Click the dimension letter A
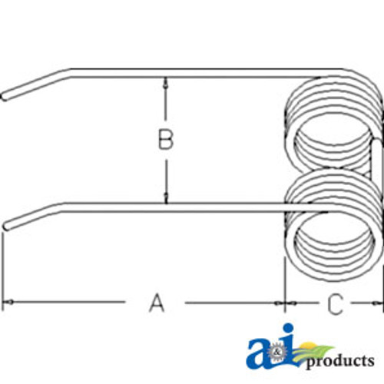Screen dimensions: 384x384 [156, 303]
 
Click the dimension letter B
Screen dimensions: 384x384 [165, 141]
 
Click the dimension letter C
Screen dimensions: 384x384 [334, 304]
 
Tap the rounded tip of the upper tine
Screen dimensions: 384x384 [5, 97]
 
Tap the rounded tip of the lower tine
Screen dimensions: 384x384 [6, 227]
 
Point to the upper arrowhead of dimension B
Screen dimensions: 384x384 [166, 81]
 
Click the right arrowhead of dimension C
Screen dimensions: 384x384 [378, 303]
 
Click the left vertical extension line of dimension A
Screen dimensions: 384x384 [3, 269]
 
